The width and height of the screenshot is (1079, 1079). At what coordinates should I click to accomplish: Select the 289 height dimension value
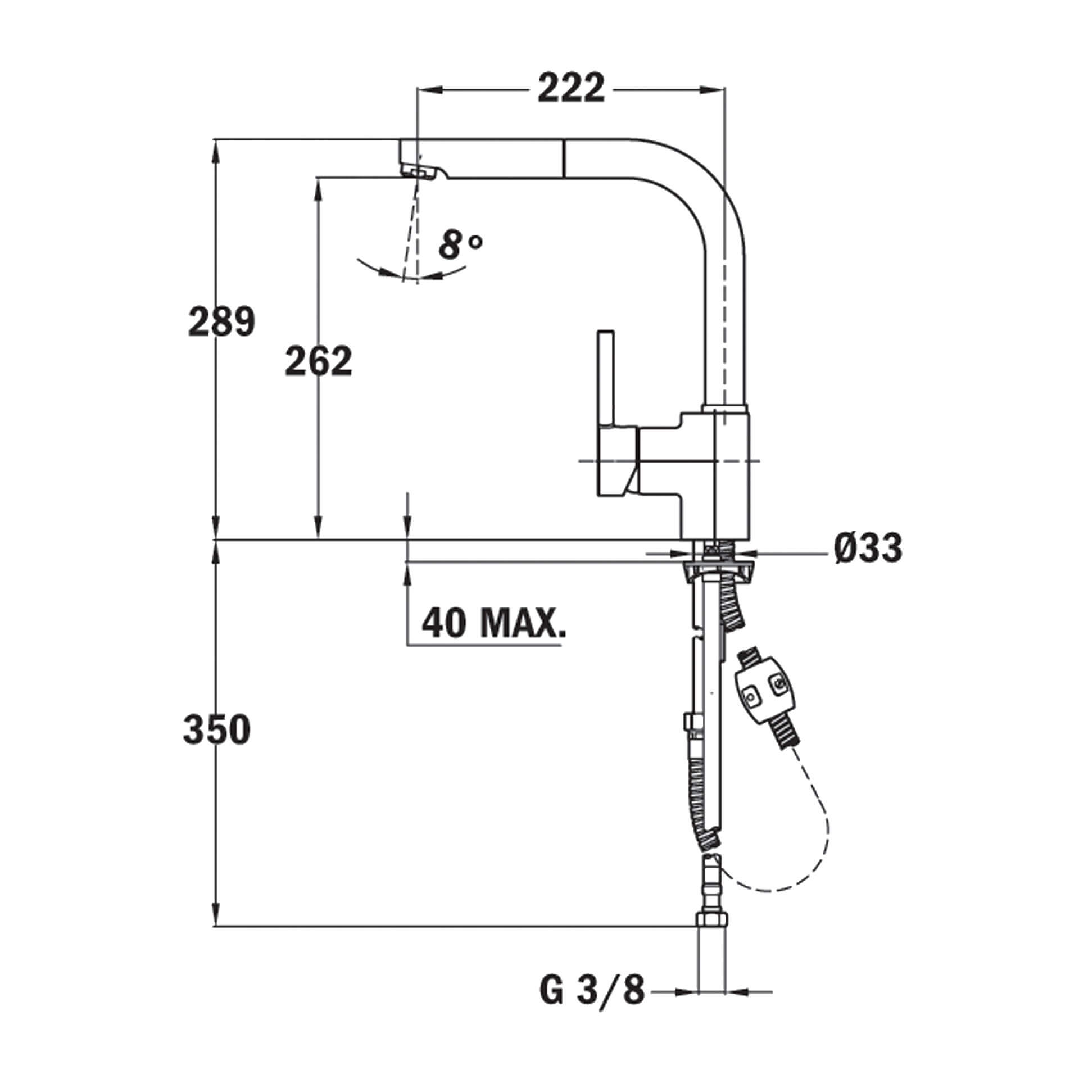[x=221, y=322]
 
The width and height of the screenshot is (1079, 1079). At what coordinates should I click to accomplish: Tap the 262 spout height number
[x=318, y=361]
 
